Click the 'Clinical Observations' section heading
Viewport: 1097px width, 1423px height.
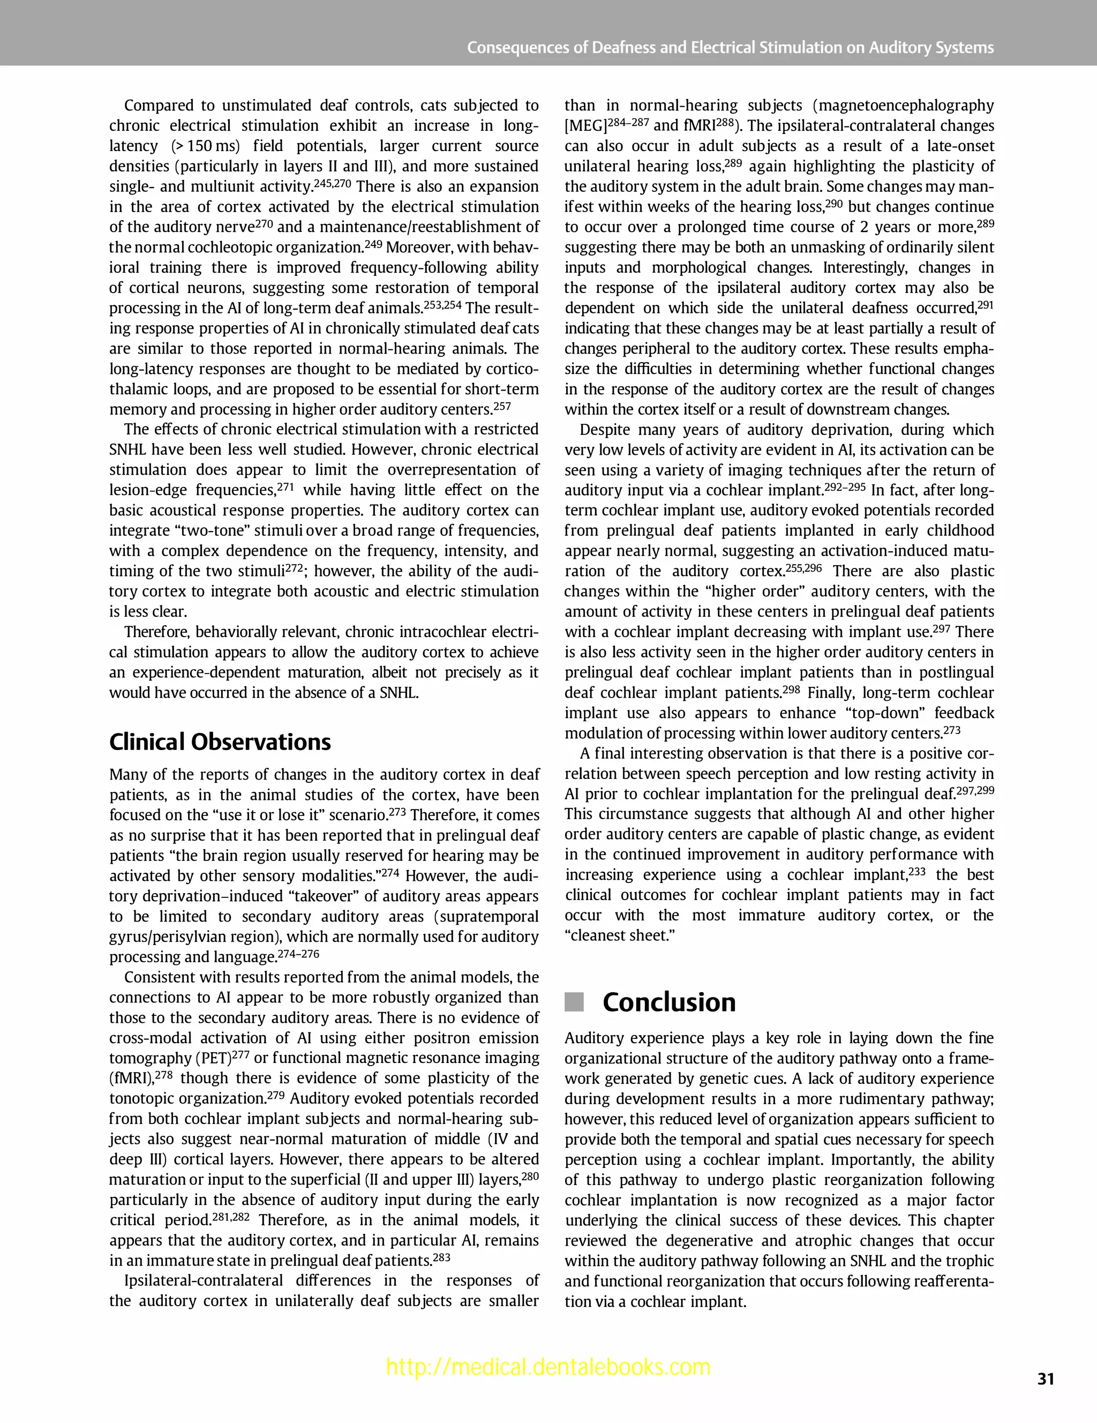coord(220,742)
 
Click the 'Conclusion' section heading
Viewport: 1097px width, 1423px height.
coord(668,1002)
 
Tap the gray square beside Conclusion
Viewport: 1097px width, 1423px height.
coord(574,1002)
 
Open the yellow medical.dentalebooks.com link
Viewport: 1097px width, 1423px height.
coord(548,1366)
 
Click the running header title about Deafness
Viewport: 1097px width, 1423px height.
coord(730,48)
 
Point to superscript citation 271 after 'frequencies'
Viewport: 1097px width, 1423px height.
coord(286,486)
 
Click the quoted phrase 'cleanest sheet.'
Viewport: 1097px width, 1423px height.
coord(620,935)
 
